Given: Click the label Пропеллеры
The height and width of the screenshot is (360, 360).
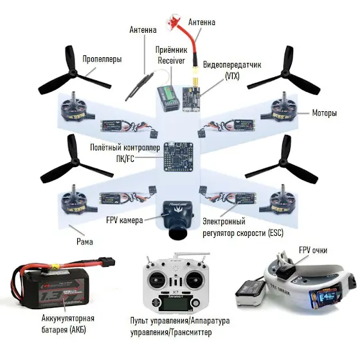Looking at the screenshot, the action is pos(102,59).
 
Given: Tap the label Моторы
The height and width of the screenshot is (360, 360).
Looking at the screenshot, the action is pos(324,113).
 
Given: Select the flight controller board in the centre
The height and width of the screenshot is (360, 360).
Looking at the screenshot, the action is pos(178,157).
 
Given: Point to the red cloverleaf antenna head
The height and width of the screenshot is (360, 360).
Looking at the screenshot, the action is pos(174,22).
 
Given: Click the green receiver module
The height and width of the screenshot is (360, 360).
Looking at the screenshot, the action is pos(168,98).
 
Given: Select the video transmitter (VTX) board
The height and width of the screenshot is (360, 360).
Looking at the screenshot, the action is pos(191,99).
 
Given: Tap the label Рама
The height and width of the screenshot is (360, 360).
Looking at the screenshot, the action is pos(85,242).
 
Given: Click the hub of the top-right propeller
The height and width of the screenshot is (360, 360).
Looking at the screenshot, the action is pos(285,73).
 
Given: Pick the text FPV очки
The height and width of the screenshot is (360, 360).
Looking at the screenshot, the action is pos(313,250).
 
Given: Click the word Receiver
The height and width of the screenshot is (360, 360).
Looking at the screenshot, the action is pos(171,60).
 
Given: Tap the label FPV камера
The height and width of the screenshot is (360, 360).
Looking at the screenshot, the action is pos(125,221).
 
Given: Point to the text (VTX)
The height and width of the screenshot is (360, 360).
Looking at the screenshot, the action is pos(232,76).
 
